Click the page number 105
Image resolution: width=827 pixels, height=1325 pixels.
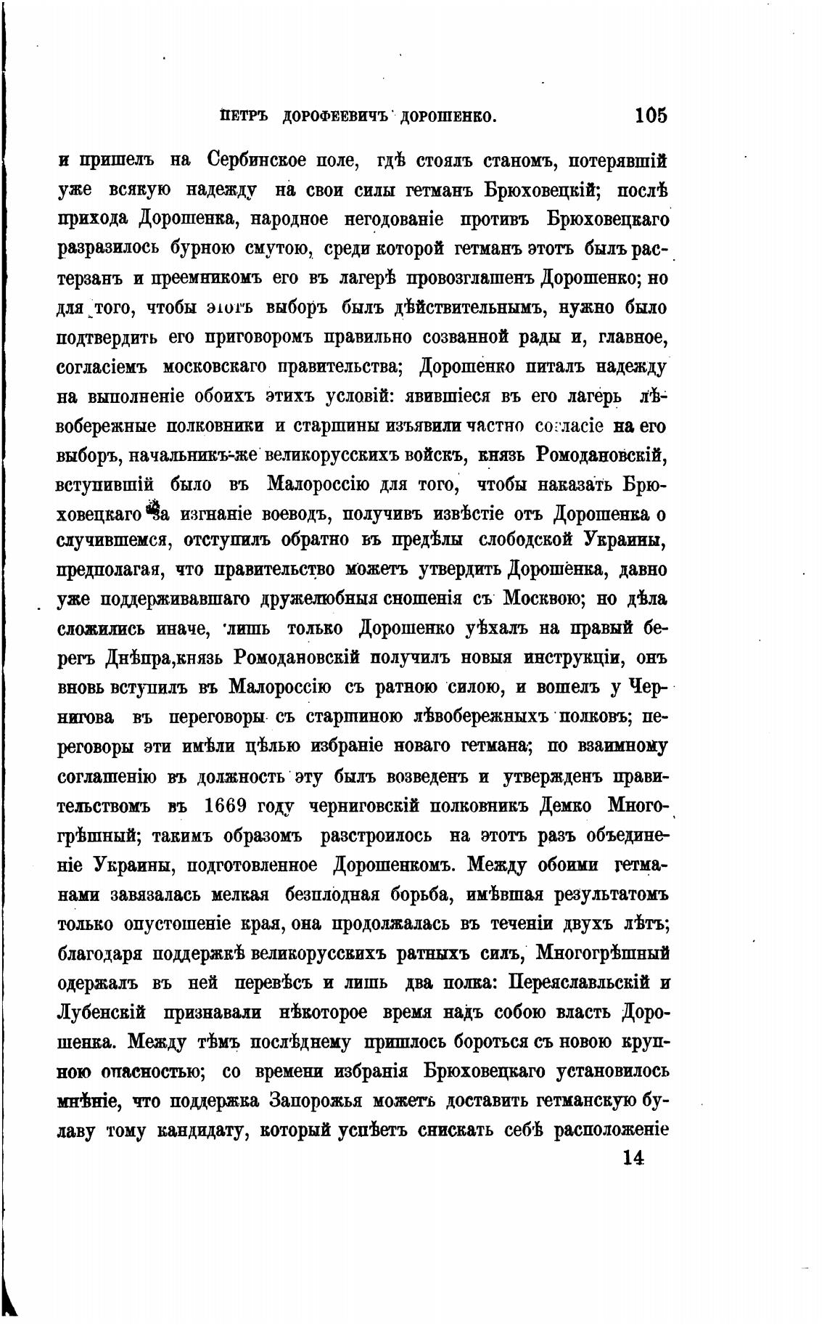[x=650, y=115]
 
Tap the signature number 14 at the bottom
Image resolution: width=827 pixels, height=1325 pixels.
[x=633, y=1157]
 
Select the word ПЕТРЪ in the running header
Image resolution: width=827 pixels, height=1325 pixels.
[x=245, y=116]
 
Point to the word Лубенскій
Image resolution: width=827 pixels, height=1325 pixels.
[x=101, y=1012]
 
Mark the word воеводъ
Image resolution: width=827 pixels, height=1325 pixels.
[x=294, y=515]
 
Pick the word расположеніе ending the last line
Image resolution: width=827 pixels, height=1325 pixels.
[x=610, y=1130]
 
